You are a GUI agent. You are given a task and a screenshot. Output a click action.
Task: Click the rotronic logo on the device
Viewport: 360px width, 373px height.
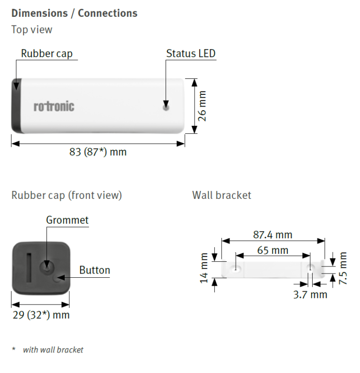(54, 106)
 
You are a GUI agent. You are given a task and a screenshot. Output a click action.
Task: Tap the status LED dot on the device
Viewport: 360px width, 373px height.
(166, 107)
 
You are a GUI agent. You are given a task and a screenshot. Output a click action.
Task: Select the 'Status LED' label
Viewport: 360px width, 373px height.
(191, 53)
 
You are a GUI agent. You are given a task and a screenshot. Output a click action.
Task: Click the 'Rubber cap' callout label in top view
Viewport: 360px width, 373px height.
(47, 53)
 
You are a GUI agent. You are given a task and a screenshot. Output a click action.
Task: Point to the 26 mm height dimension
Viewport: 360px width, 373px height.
(202, 106)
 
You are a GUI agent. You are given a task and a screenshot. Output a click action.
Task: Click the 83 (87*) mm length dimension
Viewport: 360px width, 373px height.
(98, 152)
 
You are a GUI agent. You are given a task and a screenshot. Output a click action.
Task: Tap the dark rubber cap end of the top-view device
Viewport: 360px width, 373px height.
(16, 106)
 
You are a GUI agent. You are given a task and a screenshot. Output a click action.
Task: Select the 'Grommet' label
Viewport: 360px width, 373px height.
(67, 220)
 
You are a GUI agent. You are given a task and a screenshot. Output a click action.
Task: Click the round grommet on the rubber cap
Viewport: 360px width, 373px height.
(47, 267)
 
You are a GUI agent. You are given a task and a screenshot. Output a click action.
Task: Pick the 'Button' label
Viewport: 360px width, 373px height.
(95, 270)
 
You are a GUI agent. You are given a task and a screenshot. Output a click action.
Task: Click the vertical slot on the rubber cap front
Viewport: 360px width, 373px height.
(29, 266)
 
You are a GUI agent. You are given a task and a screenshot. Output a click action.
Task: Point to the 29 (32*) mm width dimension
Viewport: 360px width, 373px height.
(41, 315)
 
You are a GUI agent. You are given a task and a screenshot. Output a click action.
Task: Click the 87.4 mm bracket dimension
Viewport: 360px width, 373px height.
(272, 235)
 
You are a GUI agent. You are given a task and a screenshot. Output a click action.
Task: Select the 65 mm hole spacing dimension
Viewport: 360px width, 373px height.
(273, 250)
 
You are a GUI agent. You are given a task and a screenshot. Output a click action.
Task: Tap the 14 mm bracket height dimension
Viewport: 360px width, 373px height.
(204, 268)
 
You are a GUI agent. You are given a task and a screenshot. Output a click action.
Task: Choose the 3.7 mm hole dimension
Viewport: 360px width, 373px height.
(310, 295)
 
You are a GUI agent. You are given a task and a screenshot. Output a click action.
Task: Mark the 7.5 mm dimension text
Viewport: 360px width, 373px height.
(343, 268)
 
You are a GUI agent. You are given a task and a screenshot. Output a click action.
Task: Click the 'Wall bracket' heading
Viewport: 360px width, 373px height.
(222, 195)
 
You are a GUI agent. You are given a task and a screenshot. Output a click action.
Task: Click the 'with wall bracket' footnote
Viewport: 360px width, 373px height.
(53, 350)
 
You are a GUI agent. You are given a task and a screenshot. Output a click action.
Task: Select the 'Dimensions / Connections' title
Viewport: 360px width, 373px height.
(75, 13)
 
